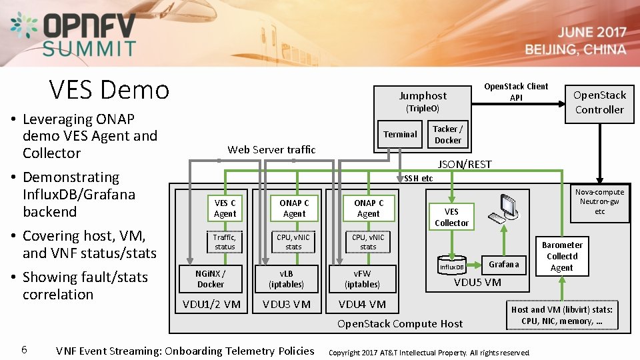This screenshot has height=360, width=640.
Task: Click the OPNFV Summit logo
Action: (74, 34)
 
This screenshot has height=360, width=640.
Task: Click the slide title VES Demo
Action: (109, 89)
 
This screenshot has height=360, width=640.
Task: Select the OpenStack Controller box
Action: (599, 103)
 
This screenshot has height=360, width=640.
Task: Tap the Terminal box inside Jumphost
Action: (400, 135)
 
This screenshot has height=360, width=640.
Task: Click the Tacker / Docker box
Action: (448, 135)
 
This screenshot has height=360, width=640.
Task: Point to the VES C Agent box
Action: (225, 208)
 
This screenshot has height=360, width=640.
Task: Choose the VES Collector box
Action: (451, 217)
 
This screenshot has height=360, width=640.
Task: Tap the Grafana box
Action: (503, 264)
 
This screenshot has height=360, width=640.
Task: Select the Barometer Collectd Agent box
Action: (562, 256)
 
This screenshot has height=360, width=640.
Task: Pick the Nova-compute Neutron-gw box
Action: (599, 201)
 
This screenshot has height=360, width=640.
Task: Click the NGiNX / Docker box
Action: (211, 278)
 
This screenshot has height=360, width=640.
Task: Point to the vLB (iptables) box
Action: (286, 278)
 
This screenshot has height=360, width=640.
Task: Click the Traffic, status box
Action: (225, 241)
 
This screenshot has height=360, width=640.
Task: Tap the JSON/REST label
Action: (464, 164)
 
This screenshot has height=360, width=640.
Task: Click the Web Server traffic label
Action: (271, 149)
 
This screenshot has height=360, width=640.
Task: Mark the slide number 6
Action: (24, 349)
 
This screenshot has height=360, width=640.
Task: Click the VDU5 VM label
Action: (477, 282)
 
